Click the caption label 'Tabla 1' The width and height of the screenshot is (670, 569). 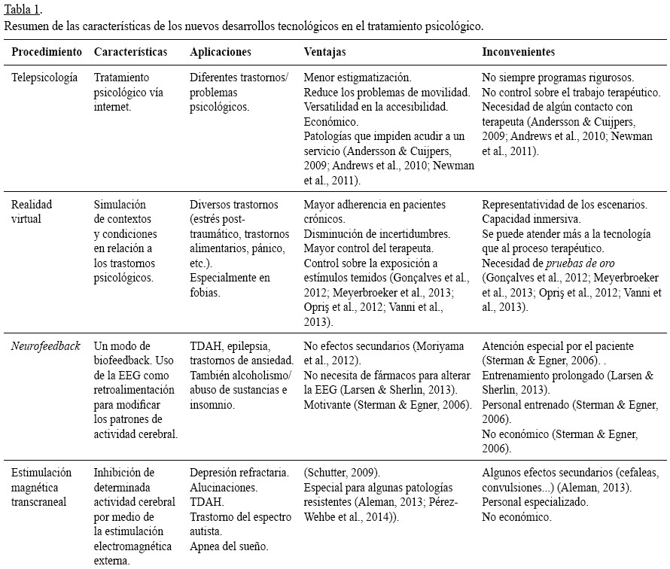23,10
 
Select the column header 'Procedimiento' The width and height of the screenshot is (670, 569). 47,52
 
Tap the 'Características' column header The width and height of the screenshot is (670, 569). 130,52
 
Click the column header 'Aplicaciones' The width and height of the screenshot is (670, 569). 221,52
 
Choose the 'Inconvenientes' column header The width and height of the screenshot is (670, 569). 518,52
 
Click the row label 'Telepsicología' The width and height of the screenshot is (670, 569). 44,78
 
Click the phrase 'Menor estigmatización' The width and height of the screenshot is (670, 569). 357,78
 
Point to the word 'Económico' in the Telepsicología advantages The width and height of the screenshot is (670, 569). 330,121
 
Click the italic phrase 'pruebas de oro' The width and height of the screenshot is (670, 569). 578,263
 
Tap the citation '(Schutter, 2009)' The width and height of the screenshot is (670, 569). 342,473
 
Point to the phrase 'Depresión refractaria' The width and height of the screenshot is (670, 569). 239,473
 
